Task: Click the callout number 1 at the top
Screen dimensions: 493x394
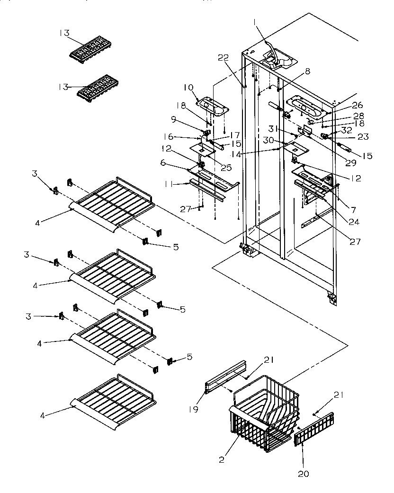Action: coord(254,21)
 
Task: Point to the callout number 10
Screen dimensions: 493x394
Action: coord(188,87)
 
